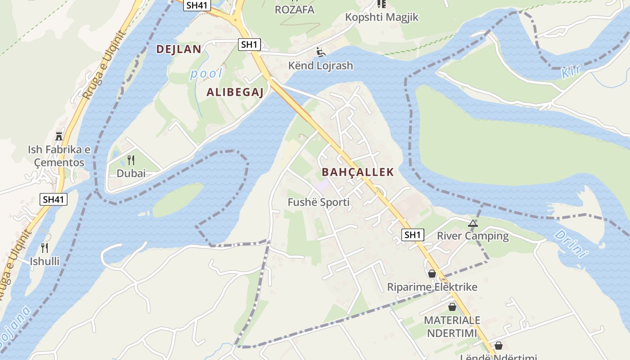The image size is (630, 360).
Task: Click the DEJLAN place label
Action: (178, 49)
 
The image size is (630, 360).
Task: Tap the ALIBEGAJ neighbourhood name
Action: (234, 93)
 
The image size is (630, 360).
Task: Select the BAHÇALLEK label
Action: (358, 172)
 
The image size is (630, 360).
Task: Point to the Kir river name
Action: (571, 71)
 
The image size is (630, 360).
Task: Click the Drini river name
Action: (571, 243)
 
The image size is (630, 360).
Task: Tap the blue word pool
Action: (206, 74)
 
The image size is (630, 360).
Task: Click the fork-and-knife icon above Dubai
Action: (131, 160)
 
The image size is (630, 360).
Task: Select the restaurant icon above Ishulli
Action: (45, 248)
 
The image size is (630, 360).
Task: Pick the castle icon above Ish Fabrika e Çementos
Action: (59, 136)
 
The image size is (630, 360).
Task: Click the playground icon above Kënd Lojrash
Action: (320, 53)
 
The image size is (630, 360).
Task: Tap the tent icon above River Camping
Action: (472, 223)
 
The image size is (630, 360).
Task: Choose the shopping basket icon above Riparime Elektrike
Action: (432, 274)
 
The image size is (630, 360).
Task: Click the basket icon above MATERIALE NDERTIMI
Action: (452, 307)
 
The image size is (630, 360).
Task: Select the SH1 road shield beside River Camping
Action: (413, 234)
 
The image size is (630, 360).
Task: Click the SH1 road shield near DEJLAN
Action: (249, 44)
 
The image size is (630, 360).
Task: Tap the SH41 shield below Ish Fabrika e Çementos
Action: (54, 199)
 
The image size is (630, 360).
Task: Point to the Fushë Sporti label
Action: (319, 202)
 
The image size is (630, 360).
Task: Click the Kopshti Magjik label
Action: (382, 17)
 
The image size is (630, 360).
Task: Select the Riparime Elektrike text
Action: (432, 287)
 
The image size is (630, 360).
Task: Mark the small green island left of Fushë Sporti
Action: (178, 200)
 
